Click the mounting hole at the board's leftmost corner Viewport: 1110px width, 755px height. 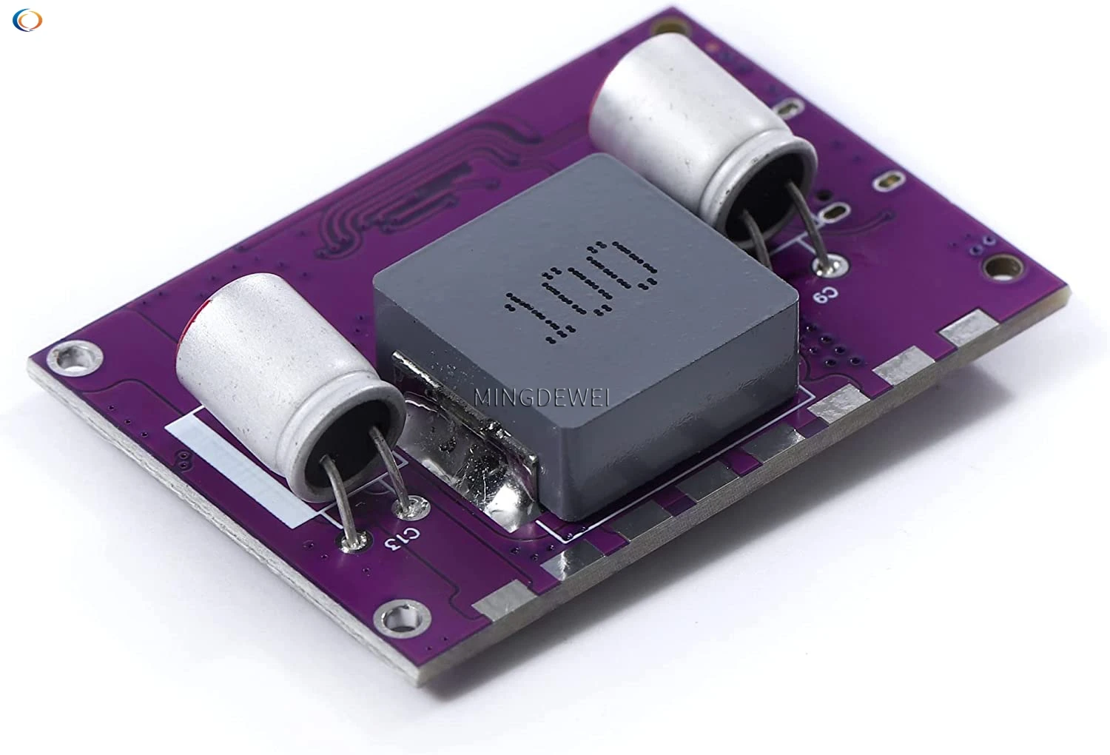[71, 358]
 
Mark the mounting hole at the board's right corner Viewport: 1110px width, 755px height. [1005, 264]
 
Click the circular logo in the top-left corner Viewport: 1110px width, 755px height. [27, 20]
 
